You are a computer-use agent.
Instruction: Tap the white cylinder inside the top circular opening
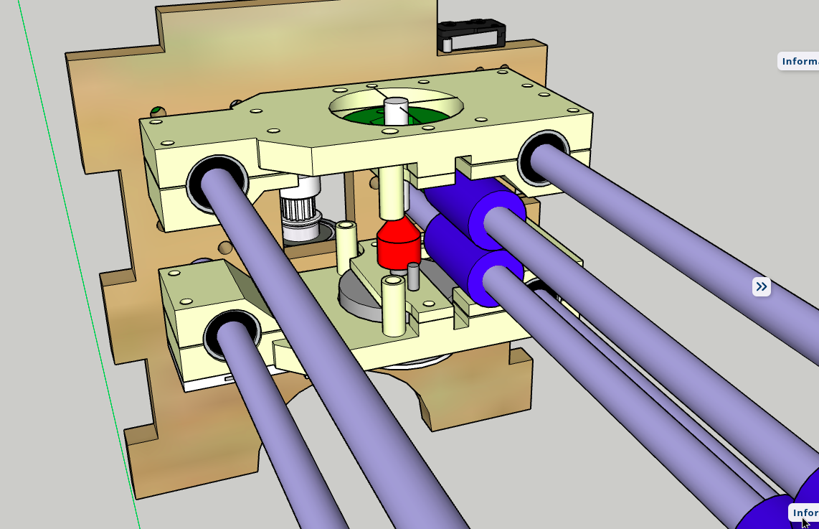pos(395,112)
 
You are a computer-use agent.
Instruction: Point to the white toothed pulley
pos(300,212)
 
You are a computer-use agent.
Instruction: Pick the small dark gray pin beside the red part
pos(413,276)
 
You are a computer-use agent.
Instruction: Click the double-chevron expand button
pos(761,287)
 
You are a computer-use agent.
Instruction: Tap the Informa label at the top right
pos(798,61)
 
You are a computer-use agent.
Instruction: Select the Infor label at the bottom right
pos(804,512)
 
